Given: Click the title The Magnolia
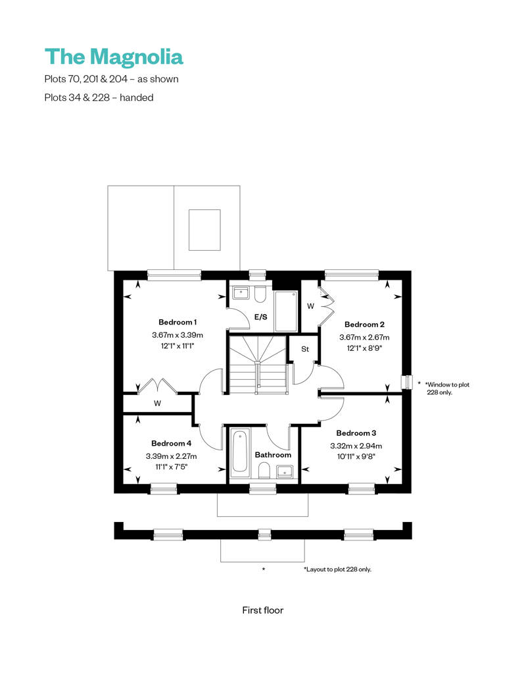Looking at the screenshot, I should [114, 57].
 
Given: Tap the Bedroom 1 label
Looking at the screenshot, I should [178, 322].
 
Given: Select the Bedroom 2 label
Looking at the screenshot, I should [364, 325].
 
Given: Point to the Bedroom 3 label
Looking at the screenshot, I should [356, 433].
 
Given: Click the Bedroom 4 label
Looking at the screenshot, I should [171, 443].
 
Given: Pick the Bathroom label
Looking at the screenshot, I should [273, 455].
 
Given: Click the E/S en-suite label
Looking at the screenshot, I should [260, 317].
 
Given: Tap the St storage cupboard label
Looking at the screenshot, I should [305, 349].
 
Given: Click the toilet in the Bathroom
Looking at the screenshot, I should [264, 471].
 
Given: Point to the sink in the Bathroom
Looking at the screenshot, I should [285, 471].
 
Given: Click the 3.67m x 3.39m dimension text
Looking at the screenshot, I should [177, 335].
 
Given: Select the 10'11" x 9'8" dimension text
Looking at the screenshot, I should [356, 457].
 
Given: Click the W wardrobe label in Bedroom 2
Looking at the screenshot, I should [310, 306].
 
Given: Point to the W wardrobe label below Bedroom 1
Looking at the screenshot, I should [157, 404].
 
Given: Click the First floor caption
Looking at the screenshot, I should [262, 610].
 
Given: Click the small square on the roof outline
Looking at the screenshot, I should [204, 230].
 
